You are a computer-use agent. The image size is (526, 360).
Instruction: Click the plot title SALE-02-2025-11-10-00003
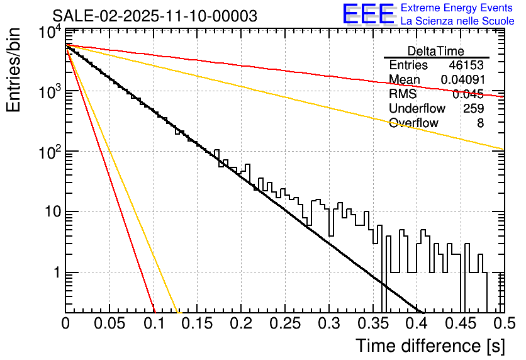point(155,16)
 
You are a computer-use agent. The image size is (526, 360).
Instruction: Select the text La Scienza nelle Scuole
point(457,21)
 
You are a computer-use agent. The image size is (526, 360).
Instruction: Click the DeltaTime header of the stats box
point(436,51)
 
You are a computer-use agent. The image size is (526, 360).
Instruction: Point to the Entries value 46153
point(466,65)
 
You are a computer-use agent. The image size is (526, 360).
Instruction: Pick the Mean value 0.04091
point(462,80)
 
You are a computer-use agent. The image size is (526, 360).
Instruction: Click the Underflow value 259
point(473,109)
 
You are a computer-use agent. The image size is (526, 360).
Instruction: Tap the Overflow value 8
point(480,123)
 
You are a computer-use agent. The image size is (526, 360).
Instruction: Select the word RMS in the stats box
point(403,94)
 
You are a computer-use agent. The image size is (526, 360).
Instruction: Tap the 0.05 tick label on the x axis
point(109,323)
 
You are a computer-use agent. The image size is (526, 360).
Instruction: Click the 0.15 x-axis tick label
point(197,323)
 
